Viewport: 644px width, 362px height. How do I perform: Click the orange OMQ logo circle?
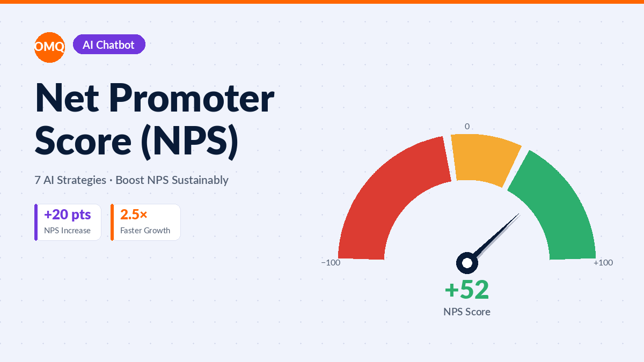(x=49, y=47)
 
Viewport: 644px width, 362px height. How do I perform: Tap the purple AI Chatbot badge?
(x=109, y=45)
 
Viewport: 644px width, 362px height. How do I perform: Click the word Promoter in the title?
(x=192, y=98)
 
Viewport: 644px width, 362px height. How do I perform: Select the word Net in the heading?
(x=67, y=98)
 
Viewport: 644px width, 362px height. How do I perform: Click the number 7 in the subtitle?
(x=38, y=180)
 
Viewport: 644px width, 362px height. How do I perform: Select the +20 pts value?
(x=68, y=215)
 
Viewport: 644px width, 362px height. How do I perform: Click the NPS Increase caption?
(x=67, y=231)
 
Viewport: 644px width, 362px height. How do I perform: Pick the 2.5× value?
(x=134, y=215)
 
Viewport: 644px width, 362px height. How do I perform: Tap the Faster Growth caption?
(x=145, y=231)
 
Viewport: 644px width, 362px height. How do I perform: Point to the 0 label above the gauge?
(x=467, y=127)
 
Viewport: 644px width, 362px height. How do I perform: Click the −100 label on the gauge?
(x=331, y=263)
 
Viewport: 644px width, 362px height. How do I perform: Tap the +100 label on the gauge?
(x=603, y=263)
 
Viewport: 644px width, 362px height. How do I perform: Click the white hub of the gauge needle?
(x=467, y=263)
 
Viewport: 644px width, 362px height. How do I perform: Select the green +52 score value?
(x=467, y=290)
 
